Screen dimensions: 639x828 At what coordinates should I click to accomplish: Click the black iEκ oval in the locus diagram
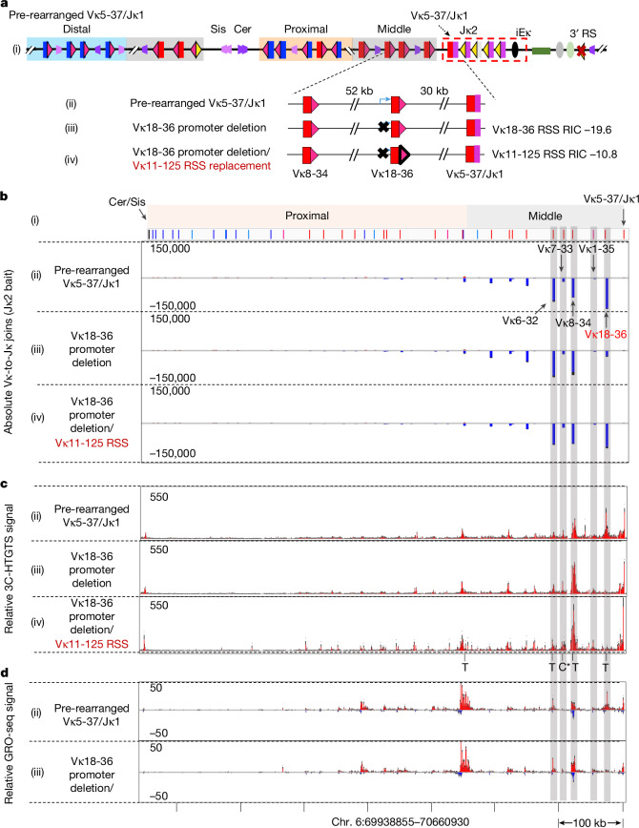[515, 51]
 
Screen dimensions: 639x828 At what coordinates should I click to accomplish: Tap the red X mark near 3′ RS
[582, 51]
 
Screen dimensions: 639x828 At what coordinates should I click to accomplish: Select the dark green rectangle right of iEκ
[540, 51]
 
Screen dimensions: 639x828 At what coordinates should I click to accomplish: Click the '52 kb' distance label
[360, 91]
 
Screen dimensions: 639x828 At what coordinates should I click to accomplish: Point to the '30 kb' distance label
[434, 91]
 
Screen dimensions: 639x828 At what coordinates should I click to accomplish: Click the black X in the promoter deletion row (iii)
[384, 127]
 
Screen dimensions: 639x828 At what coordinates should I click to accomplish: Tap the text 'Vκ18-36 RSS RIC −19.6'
[552, 129]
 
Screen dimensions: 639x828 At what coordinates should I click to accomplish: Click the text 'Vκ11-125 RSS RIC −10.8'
[554, 155]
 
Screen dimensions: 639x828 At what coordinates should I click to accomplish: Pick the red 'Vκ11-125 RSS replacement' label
[201, 166]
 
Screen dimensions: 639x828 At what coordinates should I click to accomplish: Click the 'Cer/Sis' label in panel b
[127, 201]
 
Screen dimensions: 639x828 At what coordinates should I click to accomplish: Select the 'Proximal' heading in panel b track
[307, 216]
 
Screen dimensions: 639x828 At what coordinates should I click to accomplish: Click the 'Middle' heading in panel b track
[545, 216]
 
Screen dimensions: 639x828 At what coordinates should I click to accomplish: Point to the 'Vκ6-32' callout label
[520, 321]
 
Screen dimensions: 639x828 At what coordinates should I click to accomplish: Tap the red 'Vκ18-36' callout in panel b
[606, 334]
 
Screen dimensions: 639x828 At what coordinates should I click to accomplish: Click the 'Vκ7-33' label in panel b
[555, 249]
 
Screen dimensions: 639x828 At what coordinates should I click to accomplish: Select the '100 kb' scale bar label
[589, 822]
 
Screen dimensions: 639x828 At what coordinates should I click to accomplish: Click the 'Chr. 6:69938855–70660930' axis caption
[401, 821]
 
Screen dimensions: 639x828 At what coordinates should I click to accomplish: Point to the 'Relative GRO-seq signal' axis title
[9, 743]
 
